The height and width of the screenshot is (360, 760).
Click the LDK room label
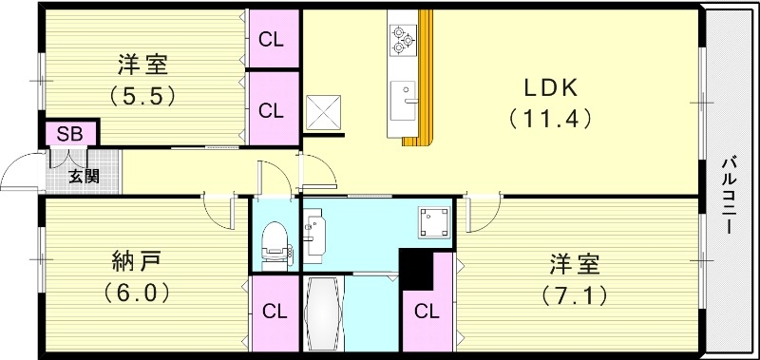tap(550, 88)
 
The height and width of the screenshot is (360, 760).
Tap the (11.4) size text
tap(551, 119)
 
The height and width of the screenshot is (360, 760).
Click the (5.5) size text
tap(142, 95)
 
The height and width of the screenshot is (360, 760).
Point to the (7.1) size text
tap(576, 295)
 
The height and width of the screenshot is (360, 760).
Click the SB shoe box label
tap(69, 134)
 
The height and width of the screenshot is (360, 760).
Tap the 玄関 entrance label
tap(84, 177)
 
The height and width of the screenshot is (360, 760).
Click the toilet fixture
tap(275, 246)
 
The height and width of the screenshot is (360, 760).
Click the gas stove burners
tap(403, 39)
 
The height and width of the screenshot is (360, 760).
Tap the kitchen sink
tap(403, 101)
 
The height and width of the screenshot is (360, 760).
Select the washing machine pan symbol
tap(435, 222)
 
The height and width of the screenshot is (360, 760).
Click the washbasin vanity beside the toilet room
tap(314, 232)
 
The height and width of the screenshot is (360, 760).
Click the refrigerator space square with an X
tap(323, 113)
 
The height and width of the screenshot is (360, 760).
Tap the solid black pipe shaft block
tap(414, 269)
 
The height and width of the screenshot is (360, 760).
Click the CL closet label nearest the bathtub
tap(275, 313)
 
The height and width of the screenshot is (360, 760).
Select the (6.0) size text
tap(137, 293)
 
